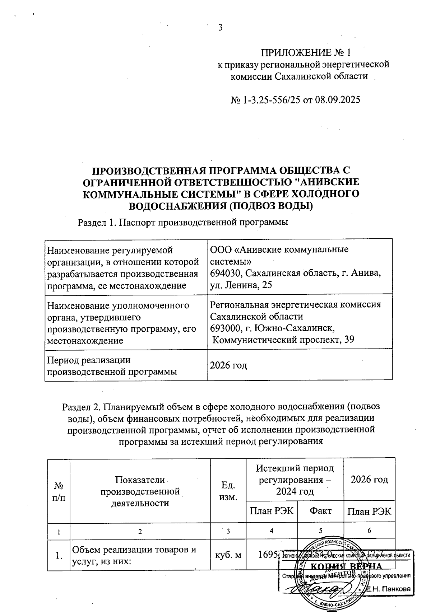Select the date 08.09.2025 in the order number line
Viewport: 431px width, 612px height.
coord(337,100)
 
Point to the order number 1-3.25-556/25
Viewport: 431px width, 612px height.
coord(268,100)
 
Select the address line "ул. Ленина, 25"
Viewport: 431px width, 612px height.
coord(241,285)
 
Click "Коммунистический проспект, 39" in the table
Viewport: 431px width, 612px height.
coord(283,340)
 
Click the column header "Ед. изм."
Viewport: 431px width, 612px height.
coord(228,491)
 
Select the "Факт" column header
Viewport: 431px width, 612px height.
coord(320,510)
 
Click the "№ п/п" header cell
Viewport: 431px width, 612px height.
coord(59,491)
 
